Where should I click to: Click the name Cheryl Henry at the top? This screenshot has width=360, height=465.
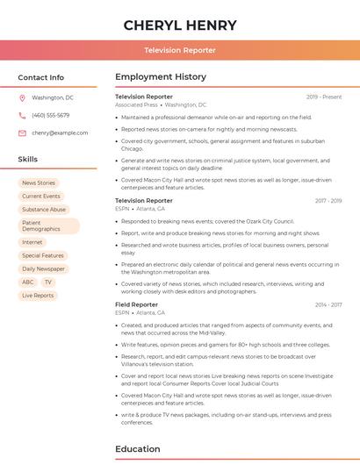click(180, 25)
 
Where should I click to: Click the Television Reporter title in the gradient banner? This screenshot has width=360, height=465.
click(180, 50)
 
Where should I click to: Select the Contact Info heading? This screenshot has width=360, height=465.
click(40, 77)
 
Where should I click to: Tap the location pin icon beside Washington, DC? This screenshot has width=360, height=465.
click(22, 97)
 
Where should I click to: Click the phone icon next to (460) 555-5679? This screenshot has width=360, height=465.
click(22, 115)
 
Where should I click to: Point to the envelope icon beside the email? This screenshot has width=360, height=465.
click(22, 132)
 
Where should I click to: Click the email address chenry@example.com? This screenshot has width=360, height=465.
click(60, 132)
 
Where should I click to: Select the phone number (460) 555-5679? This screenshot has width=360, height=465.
click(50, 115)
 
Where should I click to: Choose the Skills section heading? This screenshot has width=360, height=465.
click(28, 160)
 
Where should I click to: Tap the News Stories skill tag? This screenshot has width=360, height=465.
click(39, 183)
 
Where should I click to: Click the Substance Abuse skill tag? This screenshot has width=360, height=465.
click(44, 210)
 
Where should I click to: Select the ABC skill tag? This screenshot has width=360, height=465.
click(28, 283)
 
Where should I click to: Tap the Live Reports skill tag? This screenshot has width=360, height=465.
click(38, 296)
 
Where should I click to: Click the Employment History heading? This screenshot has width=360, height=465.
click(161, 77)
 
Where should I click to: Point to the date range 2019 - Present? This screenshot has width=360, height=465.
click(324, 97)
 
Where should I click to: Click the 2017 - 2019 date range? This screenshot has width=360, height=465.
click(328, 201)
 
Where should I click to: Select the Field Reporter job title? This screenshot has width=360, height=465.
click(136, 304)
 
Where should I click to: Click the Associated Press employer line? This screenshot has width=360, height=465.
click(161, 104)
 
